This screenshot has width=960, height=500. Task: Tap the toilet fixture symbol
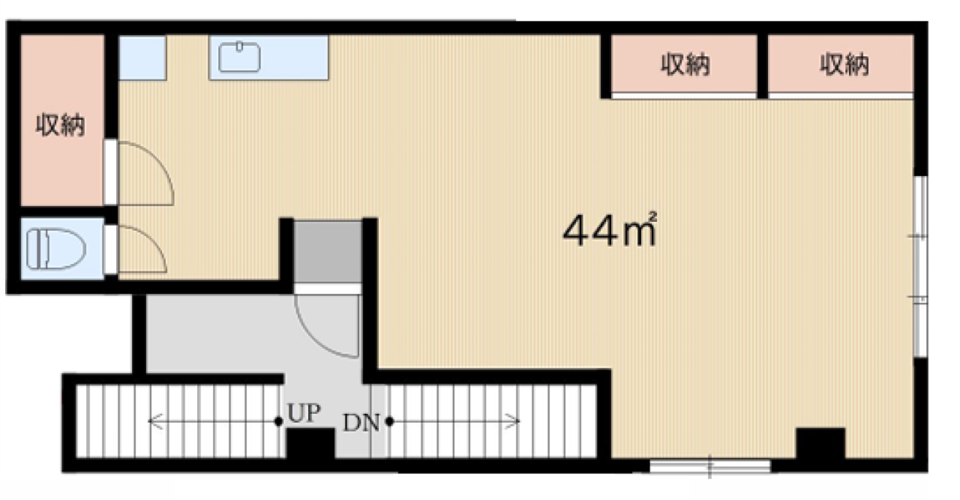[x=45, y=249]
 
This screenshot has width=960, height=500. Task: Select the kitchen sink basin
[x=240, y=58]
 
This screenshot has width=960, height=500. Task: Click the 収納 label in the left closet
[x=61, y=125]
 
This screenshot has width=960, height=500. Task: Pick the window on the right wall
[x=920, y=265]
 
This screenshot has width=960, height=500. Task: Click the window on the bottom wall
[x=709, y=466]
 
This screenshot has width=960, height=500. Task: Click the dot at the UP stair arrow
[x=279, y=421]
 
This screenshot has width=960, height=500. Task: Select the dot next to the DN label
[x=390, y=422]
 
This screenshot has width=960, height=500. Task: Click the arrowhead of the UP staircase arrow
[x=151, y=421]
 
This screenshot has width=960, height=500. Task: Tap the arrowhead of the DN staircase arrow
[x=517, y=422]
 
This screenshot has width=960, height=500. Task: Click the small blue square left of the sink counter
[x=142, y=58]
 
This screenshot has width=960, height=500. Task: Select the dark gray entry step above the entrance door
[x=327, y=252]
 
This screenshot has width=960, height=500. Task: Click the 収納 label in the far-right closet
[x=844, y=66]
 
